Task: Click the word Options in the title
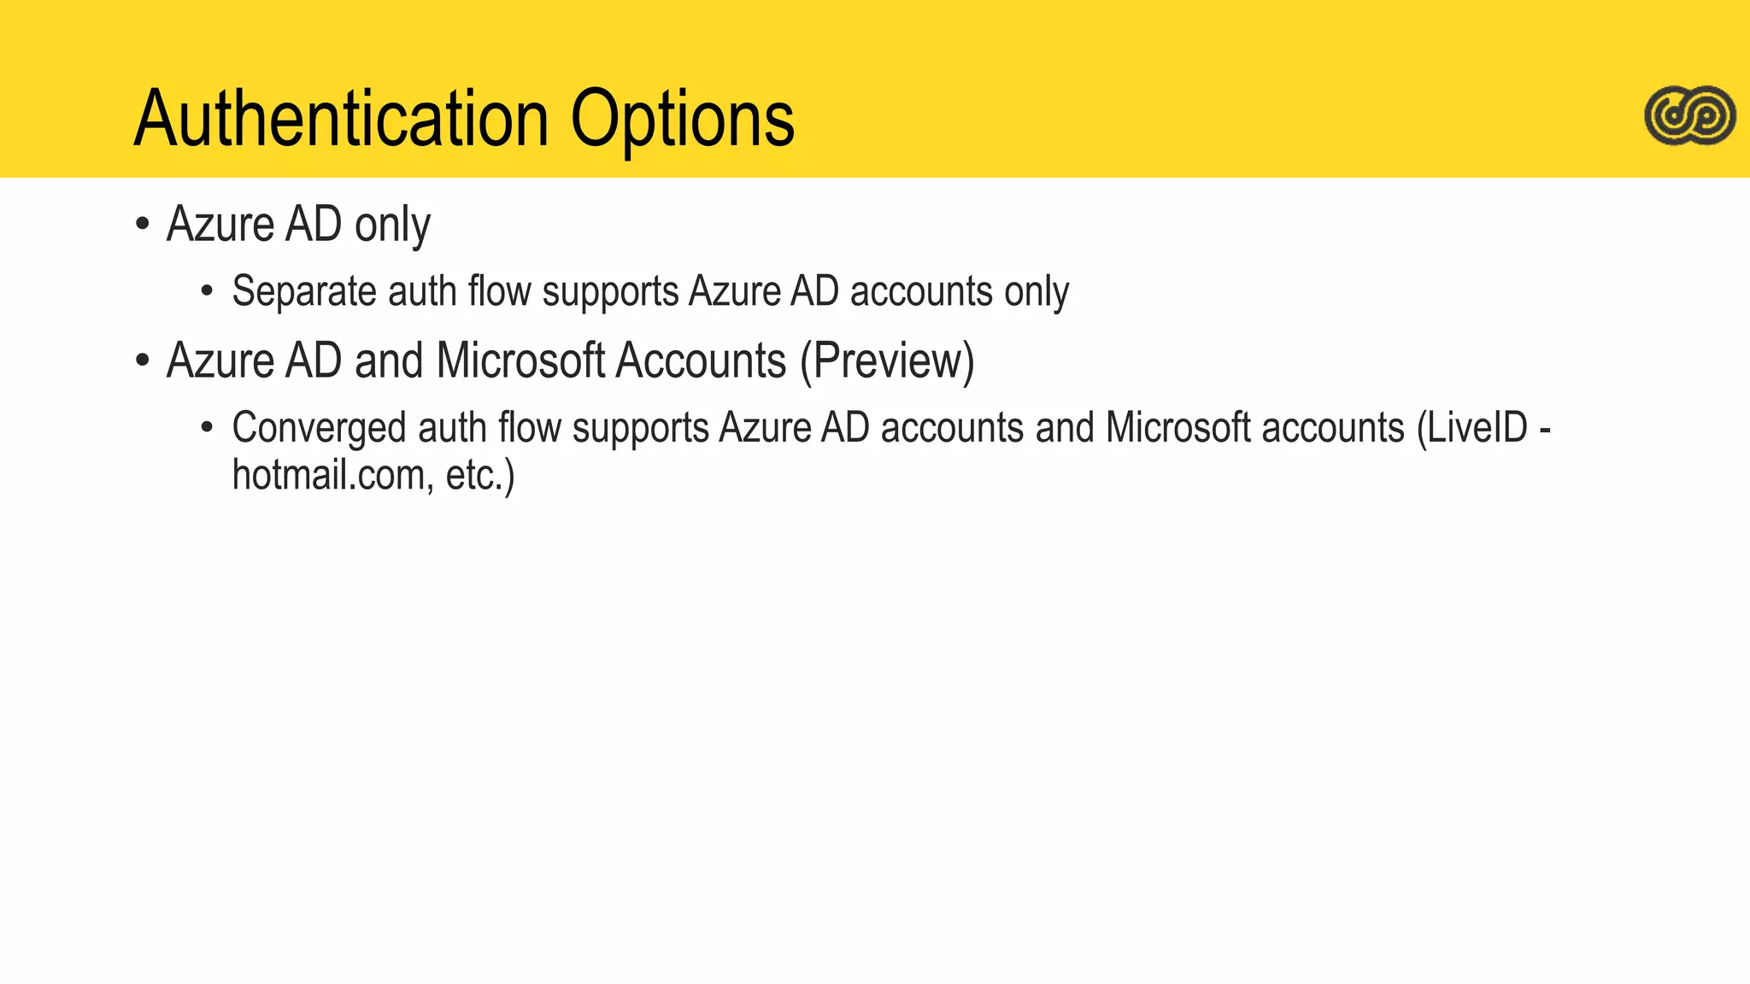[x=682, y=120]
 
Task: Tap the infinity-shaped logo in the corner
[x=1689, y=115]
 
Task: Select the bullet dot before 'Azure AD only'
[x=143, y=225]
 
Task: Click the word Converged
[x=319, y=428]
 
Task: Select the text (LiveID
[x=1471, y=427]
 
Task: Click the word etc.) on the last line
[x=480, y=475]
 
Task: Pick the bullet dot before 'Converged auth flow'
[x=206, y=427]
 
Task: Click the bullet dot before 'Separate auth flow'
[x=206, y=292]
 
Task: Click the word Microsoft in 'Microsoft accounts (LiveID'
[x=1177, y=427]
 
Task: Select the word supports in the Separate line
[x=610, y=292]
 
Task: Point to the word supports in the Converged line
[x=640, y=428]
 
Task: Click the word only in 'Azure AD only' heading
[x=392, y=225]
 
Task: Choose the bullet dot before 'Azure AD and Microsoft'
[x=143, y=360]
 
